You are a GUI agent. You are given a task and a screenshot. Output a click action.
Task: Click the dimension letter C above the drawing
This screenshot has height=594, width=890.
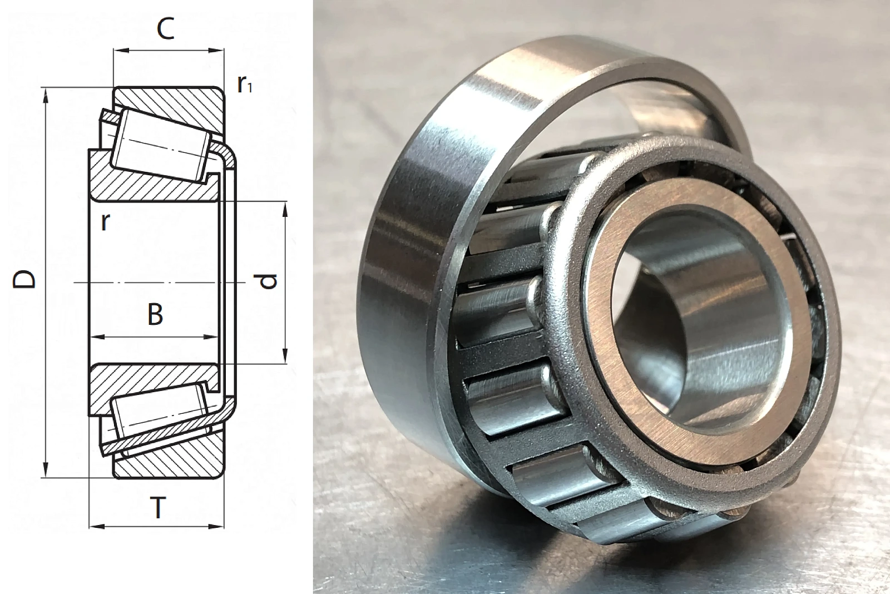165,29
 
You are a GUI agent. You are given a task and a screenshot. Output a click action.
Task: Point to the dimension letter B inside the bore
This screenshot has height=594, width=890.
155,314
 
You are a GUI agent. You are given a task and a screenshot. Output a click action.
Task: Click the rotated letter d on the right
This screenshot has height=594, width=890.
268,281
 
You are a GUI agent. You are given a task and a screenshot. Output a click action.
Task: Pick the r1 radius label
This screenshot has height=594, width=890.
244,84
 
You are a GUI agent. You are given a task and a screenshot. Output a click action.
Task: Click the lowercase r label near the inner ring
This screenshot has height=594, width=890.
105,222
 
